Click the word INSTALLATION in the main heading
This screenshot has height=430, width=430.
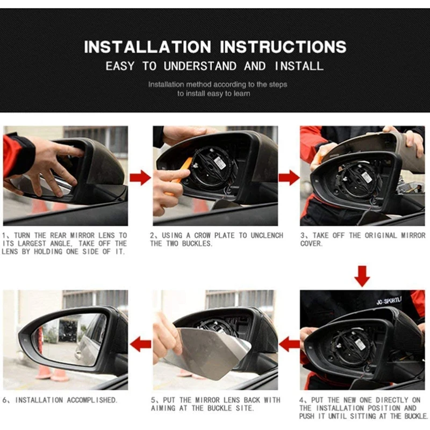click(x=147, y=47)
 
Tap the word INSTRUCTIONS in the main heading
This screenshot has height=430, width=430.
click(x=283, y=47)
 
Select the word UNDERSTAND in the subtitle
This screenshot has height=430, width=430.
click(x=200, y=66)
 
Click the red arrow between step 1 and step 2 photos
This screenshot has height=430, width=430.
click(x=140, y=177)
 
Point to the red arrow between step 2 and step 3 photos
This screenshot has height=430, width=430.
click(x=289, y=177)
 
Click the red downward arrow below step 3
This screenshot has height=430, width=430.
click(x=362, y=276)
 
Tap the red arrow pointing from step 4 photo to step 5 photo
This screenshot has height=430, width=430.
click(x=289, y=344)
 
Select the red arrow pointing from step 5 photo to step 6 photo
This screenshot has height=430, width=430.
click(x=140, y=344)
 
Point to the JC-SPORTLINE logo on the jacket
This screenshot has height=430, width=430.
click(x=389, y=301)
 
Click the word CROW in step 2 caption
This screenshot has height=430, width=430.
click(x=203, y=235)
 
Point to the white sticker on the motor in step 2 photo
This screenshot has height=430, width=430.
click(x=219, y=164)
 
